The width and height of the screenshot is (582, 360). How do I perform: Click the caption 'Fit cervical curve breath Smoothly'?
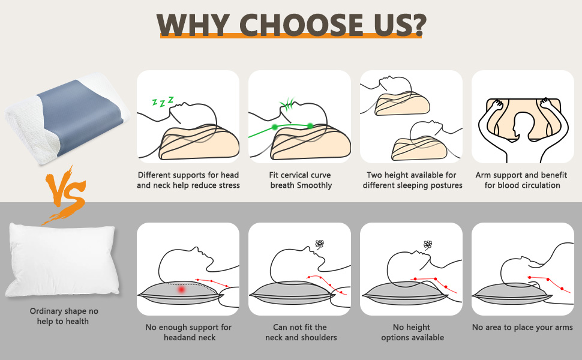coord(300,180)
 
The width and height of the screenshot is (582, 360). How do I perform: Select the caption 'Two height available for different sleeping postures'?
coord(412,180)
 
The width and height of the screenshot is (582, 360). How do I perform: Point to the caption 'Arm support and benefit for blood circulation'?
coord(522,180)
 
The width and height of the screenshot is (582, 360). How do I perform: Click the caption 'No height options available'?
coord(412,332)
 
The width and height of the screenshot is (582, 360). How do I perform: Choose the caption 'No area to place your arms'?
coord(522,328)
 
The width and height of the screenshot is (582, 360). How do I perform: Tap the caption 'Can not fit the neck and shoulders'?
coord(301,332)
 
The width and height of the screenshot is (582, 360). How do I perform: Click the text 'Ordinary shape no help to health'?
coord(64,316)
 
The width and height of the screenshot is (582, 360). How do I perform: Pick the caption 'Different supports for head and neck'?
coord(188,180)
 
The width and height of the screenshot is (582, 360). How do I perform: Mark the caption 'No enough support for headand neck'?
coord(188,332)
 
